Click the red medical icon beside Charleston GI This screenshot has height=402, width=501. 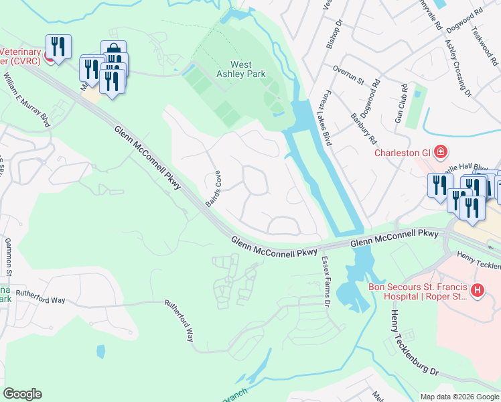coord(440,152)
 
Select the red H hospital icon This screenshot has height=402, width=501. coord(477,291)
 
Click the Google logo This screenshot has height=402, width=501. coord(22,394)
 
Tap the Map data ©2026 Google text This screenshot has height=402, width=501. coord(459,397)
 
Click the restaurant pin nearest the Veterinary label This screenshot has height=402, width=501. coord(58,47)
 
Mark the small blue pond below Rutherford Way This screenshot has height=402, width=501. coord(100,351)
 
